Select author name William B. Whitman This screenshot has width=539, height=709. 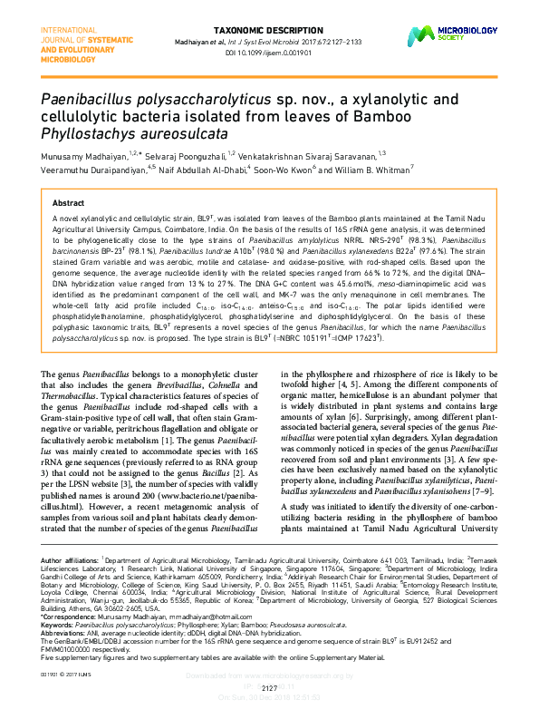368,169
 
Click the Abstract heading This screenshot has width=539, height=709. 69,204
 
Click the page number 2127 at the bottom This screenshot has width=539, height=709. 269,687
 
